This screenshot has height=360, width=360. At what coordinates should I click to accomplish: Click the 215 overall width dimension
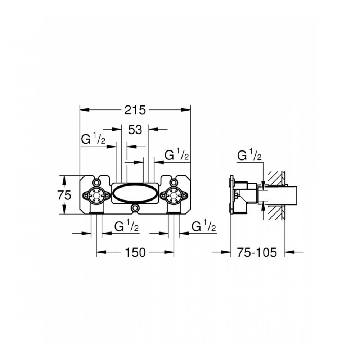point(135,110)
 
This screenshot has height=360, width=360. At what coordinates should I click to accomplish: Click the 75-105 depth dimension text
point(257,253)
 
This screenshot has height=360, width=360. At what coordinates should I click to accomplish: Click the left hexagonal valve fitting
point(96,195)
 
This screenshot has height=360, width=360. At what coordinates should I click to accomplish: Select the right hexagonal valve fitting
point(174,195)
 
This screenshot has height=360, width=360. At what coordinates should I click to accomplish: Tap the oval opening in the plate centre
point(135,194)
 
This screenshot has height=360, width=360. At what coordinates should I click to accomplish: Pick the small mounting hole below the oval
point(135,208)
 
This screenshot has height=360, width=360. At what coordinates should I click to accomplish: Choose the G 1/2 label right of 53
point(176,156)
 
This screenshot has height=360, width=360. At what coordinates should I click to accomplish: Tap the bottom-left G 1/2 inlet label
point(126,227)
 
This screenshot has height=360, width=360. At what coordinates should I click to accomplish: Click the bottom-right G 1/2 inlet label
point(203,227)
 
